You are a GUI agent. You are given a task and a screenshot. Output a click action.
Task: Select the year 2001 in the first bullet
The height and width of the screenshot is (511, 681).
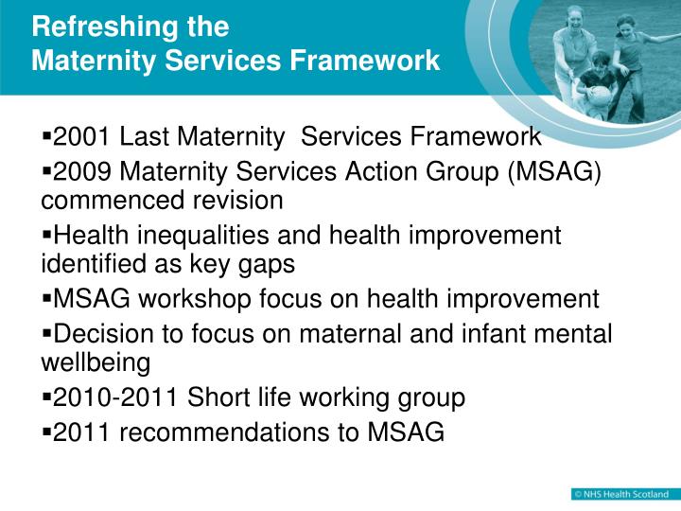coord(81,137)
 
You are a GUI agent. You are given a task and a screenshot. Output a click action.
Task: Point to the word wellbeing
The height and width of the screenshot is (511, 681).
coord(96,363)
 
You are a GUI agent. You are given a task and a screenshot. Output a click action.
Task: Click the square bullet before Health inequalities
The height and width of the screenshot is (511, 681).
coord(46,234)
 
